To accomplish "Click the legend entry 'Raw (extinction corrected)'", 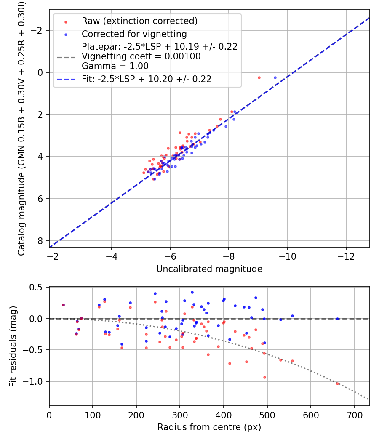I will coord(139,21).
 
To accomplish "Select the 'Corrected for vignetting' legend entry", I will coord(134,34).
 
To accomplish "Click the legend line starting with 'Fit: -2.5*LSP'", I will coord(147,79).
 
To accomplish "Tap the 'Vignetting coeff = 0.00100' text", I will coord(141,56).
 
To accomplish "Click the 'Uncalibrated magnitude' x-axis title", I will coord(209,269).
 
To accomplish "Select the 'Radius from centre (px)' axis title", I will coord(209,427).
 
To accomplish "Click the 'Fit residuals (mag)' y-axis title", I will coord(13,346).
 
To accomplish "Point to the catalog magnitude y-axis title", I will coord(21,128).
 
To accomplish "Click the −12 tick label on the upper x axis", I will coord(346,256).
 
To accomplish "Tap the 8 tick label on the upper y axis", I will coord(41,241).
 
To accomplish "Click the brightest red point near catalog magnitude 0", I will coord(259,78).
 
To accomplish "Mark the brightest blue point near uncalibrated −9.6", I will coord(275,78).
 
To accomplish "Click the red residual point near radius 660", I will coord(337,383).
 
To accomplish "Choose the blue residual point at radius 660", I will coord(337,319).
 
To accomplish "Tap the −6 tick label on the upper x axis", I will coord(170,256).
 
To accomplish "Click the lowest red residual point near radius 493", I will coord(264,377).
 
